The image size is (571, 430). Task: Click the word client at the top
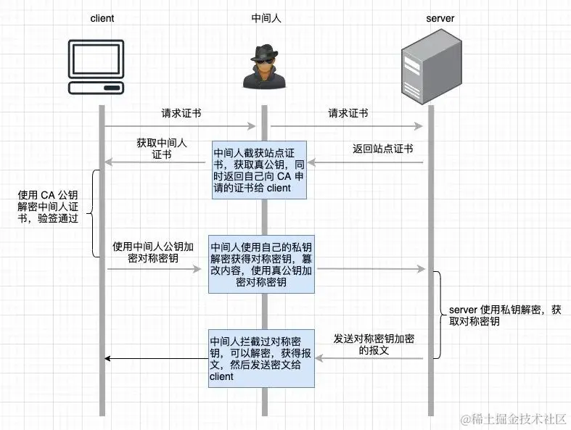click(x=103, y=18)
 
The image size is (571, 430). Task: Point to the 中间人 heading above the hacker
click(x=266, y=18)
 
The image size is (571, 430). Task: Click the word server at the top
click(x=438, y=18)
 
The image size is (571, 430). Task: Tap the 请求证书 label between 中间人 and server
click(x=348, y=114)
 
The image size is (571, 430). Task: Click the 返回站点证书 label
click(x=382, y=149)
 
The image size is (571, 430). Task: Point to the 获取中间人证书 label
click(x=161, y=149)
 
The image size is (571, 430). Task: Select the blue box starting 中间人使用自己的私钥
click(x=263, y=263)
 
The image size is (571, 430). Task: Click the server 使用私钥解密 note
click(x=500, y=315)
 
